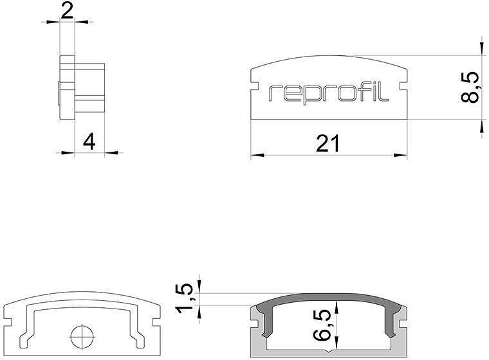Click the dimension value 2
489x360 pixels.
coord(67,10)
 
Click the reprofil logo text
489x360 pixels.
coord(329,94)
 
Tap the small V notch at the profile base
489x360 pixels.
coord(329,351)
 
